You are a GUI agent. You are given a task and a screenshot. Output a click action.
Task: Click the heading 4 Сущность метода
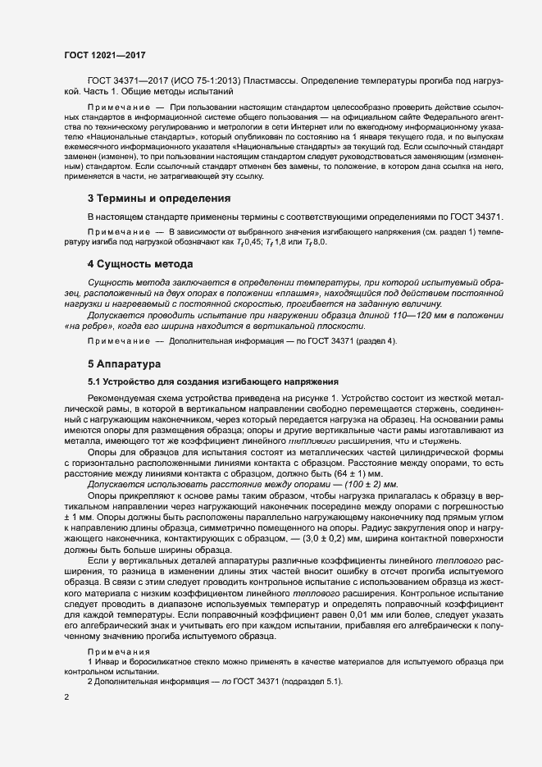click(x=139, y=264)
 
